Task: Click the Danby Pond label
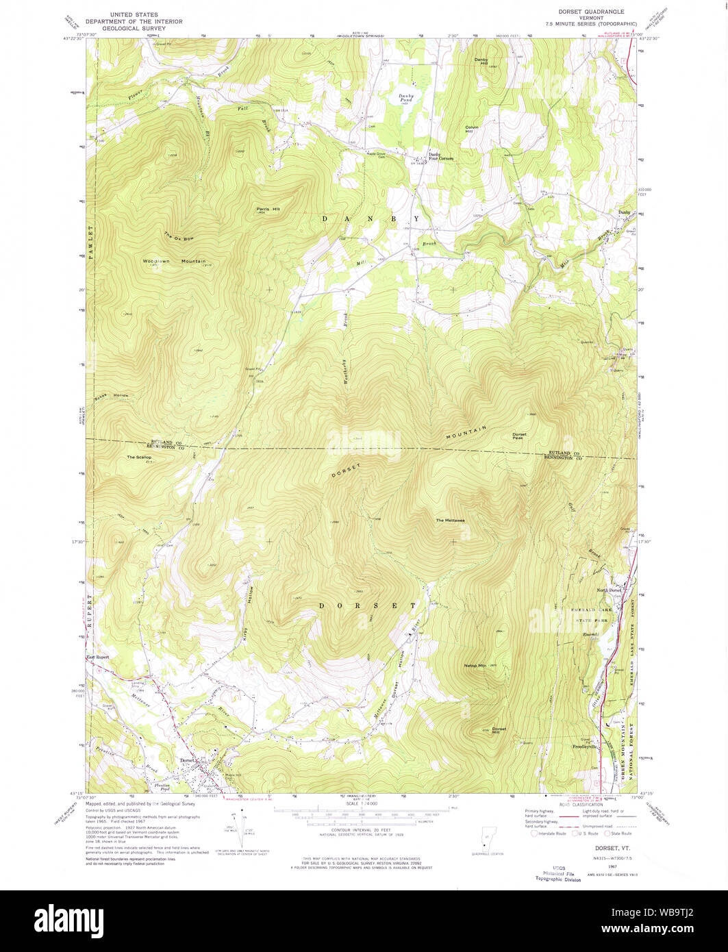[405, 98]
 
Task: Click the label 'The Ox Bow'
[179, 238]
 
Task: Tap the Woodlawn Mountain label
[174, 261]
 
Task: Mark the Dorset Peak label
[519, 436]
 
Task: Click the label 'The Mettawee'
[451, 521]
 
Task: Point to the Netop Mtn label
[475, 665]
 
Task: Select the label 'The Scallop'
[138, 457]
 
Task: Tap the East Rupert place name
[97, 657]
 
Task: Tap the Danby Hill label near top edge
[481, 62]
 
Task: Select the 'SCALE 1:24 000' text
[363, 803]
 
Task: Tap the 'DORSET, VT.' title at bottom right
[597, 848]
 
